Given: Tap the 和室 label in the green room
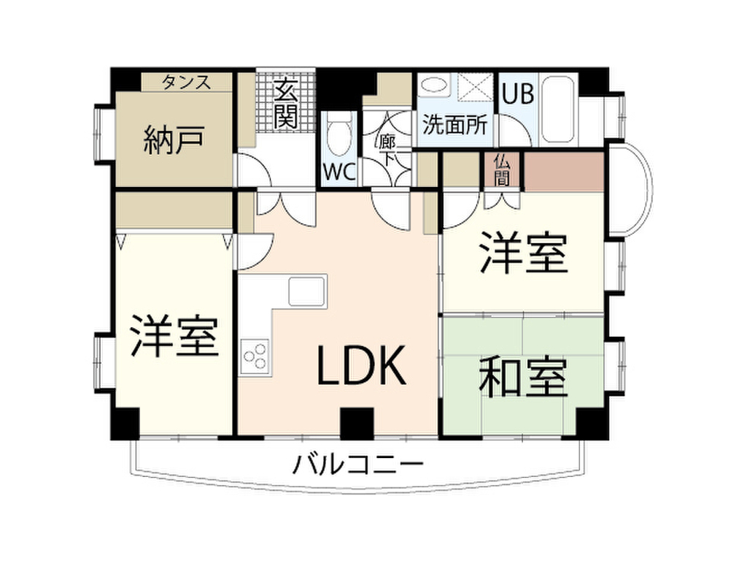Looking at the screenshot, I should click(522, 378).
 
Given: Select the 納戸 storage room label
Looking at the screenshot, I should click(174, 140).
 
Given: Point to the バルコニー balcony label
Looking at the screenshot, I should click(357, 463).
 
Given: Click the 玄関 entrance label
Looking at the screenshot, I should click(285, 105).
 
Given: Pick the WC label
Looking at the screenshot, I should click(339, 172).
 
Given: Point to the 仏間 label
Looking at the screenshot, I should click(501, 169).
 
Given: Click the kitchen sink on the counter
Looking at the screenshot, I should click(306, 291).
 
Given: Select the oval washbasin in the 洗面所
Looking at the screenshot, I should click(436, 86).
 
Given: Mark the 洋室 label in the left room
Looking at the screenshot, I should click(174, 336).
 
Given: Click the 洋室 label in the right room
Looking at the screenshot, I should click(522, 252).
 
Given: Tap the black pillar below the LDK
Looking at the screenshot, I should click(357, 423).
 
